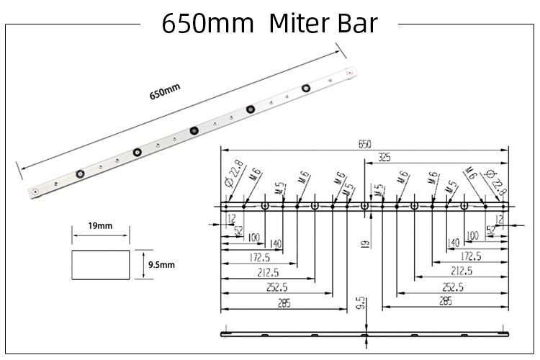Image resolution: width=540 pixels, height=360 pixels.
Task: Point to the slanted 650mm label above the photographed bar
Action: (165, 91)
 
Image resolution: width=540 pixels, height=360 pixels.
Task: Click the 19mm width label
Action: (100, 226)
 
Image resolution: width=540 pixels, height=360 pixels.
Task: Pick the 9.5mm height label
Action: (161, 265)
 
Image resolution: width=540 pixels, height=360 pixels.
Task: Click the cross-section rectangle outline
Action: (100, 264)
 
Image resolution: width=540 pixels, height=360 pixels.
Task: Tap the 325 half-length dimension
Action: (384, 156)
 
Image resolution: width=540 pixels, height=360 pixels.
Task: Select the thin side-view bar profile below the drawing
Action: (364, 335)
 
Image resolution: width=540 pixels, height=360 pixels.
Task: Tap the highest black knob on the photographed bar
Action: (307, 89)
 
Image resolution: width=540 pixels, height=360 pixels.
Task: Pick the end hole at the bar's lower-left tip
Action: (35, 191)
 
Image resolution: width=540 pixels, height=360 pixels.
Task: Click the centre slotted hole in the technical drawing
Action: (364, 206)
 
